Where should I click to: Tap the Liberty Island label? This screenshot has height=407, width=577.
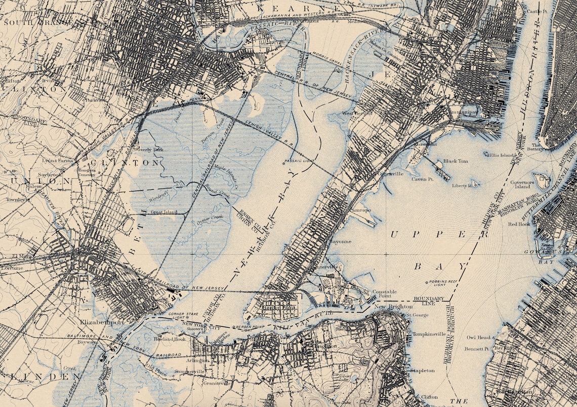click(462, 186)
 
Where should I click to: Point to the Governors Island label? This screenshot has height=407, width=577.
click(522, 184)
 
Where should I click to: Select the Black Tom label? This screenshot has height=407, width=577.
click(456, 161)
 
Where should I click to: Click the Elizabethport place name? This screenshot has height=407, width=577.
click(102, 322)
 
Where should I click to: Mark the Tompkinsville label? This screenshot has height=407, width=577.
click(429, 334)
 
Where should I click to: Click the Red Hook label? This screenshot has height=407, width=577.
click(519, 224)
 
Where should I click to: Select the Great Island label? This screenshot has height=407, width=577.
click(163, 212)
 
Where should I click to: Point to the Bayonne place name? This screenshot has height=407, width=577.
click(340, 242)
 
